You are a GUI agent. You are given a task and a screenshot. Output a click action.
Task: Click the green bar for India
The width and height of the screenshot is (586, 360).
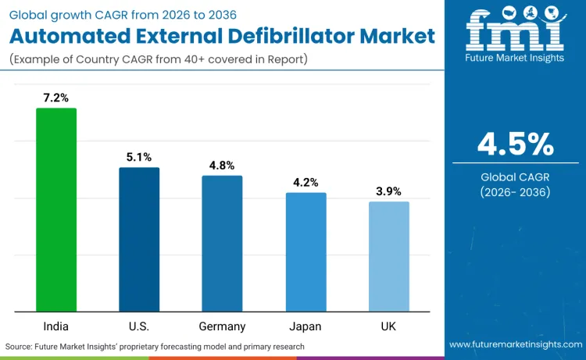click(x=56, y=209)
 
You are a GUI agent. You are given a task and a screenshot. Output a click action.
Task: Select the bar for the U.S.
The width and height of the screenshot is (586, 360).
click(x=139, y=239)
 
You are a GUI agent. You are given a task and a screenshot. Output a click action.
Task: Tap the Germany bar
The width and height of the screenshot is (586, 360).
click(x=222, y=243)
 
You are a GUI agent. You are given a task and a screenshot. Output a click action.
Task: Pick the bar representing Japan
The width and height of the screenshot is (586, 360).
click(x=306, y=251)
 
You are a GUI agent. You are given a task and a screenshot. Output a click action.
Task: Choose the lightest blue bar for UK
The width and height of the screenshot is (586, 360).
click(x=388, y=256)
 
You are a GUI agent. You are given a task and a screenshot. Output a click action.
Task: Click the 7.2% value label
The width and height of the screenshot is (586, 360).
click(x=56, y=98)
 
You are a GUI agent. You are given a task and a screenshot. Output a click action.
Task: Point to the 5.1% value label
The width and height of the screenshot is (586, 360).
click(x=139, y=157)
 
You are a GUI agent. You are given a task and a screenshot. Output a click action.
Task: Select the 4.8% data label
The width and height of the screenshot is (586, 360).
click(x=222, y=166)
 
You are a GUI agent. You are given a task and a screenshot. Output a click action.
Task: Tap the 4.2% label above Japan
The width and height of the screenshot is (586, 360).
click(x=306, y=183)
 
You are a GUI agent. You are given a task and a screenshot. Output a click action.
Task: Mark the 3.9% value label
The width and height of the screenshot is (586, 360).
click(x=388, y=191)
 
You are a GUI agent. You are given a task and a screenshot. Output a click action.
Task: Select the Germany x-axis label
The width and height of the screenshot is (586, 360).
click(x=222, y=326)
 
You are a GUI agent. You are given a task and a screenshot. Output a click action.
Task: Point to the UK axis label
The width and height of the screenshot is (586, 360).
click(x=388, y=326)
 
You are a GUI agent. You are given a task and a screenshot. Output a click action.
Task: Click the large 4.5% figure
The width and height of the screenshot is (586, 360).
click(x=516, y=144)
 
